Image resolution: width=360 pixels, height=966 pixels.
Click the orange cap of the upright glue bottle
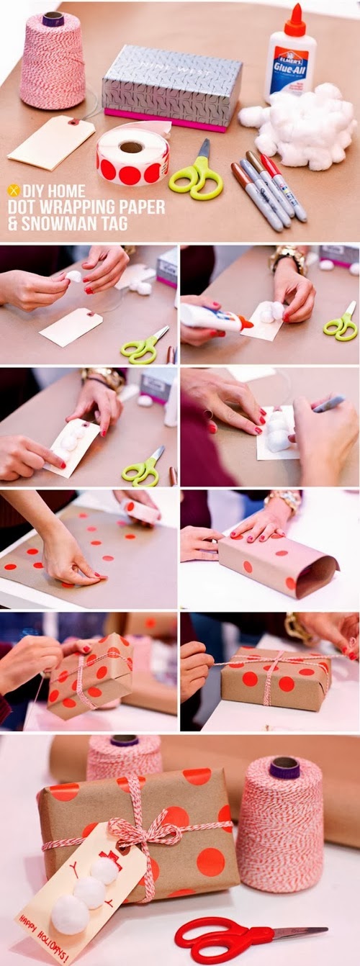[294, 19]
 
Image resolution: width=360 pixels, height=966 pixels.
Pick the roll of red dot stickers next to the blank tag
[132, 156]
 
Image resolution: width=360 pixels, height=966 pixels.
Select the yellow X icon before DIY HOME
[13, 190]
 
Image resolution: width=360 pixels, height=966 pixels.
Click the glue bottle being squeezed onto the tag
[213, 317]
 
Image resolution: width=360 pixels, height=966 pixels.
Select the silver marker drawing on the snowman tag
[328, 404]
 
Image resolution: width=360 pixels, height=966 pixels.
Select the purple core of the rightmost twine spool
[284, 768]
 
